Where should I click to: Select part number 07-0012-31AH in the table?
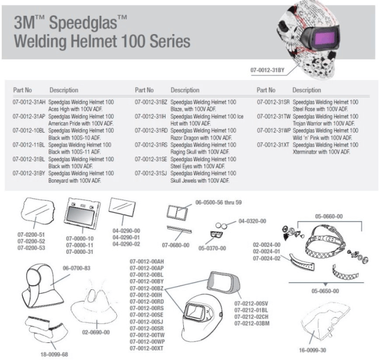28,102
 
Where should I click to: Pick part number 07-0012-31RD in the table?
152,130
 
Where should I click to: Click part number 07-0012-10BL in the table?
28,130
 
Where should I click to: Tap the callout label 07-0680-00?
176,244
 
